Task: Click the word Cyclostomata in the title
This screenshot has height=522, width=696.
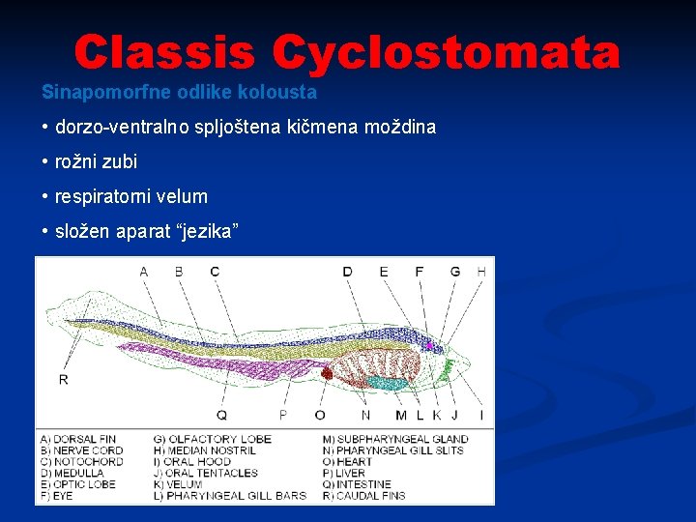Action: (446, 53)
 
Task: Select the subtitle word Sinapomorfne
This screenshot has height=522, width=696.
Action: (89, 94)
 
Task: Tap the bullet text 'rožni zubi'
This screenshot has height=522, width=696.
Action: (97, 161)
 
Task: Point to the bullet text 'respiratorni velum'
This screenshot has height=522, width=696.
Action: (131, 196)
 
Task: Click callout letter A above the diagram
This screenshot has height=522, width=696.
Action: (144, 272)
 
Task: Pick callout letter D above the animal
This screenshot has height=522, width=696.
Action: (347, 272)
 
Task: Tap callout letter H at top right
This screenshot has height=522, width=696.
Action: (480, 272)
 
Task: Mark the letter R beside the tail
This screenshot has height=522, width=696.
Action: (64, 379)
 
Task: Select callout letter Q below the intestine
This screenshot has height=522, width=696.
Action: (221, 415)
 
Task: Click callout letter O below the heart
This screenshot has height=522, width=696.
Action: (320, 415)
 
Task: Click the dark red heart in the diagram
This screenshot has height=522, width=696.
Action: (327, 372)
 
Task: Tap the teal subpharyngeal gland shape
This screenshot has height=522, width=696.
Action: (387, 383)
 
